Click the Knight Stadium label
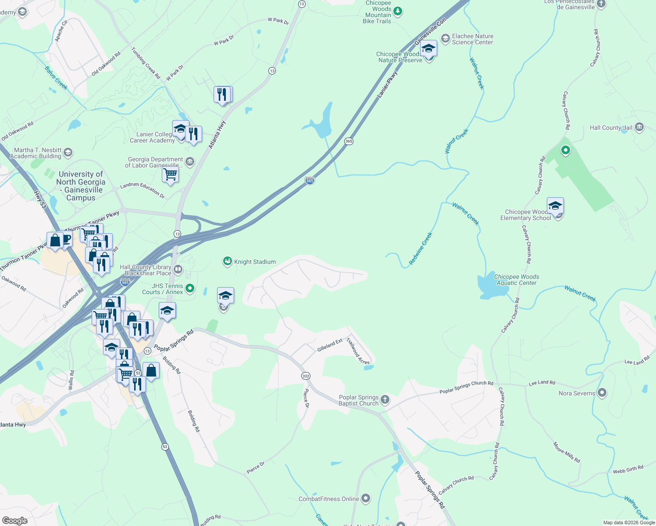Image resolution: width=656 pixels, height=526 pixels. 255,262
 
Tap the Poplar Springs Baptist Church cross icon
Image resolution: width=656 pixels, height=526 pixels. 385,399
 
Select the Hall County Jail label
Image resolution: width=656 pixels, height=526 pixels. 611,128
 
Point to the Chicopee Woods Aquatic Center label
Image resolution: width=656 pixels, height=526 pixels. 516,280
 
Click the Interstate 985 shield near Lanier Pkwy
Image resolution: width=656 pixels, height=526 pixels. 310,180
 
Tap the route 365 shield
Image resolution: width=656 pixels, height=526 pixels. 349,141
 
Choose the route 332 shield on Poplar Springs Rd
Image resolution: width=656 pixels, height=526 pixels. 306,376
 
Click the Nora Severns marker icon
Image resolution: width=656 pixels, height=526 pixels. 602,393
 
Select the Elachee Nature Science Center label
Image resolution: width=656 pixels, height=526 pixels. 472,39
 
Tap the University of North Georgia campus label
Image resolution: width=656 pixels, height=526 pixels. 81,186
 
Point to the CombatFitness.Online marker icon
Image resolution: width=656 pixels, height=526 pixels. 366,498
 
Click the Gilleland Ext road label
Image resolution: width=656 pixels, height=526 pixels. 330,345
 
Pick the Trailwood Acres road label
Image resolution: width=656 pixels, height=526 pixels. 358,351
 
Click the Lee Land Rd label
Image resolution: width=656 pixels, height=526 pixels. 542,383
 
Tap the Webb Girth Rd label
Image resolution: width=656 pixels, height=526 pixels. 628,469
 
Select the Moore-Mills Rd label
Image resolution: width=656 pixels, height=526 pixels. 567,452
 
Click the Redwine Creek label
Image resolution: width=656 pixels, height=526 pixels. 421,249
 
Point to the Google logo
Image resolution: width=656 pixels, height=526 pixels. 15,521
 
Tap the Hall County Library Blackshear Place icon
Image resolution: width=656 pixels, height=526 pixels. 178,269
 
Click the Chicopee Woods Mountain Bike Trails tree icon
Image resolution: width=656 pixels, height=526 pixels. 398,11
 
